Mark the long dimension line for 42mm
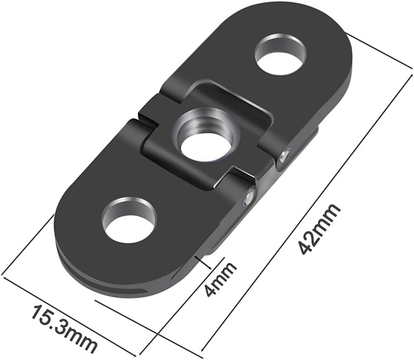307,213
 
